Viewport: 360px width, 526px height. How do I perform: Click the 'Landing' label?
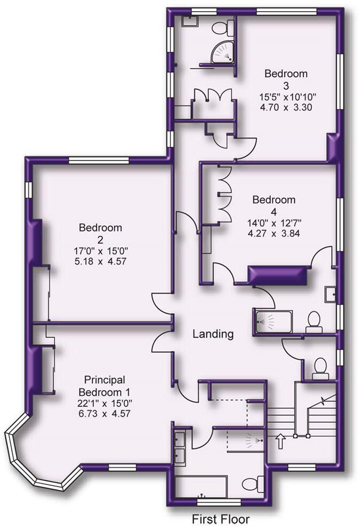213,334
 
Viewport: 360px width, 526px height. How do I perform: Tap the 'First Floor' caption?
221,519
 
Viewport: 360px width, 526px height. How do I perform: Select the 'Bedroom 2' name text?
100,234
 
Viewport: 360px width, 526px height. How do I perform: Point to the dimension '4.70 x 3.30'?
286,107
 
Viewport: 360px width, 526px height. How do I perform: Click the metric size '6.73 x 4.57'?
104,414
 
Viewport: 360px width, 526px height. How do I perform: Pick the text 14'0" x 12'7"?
274,223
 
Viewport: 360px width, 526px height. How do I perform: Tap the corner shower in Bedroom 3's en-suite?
223,53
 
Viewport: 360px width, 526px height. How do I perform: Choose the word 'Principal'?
105,380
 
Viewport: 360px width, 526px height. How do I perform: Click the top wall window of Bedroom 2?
99,161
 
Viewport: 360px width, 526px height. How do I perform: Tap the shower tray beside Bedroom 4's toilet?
273,321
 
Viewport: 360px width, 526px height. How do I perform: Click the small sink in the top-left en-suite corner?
190,21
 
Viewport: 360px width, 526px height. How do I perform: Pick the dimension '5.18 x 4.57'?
100,261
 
